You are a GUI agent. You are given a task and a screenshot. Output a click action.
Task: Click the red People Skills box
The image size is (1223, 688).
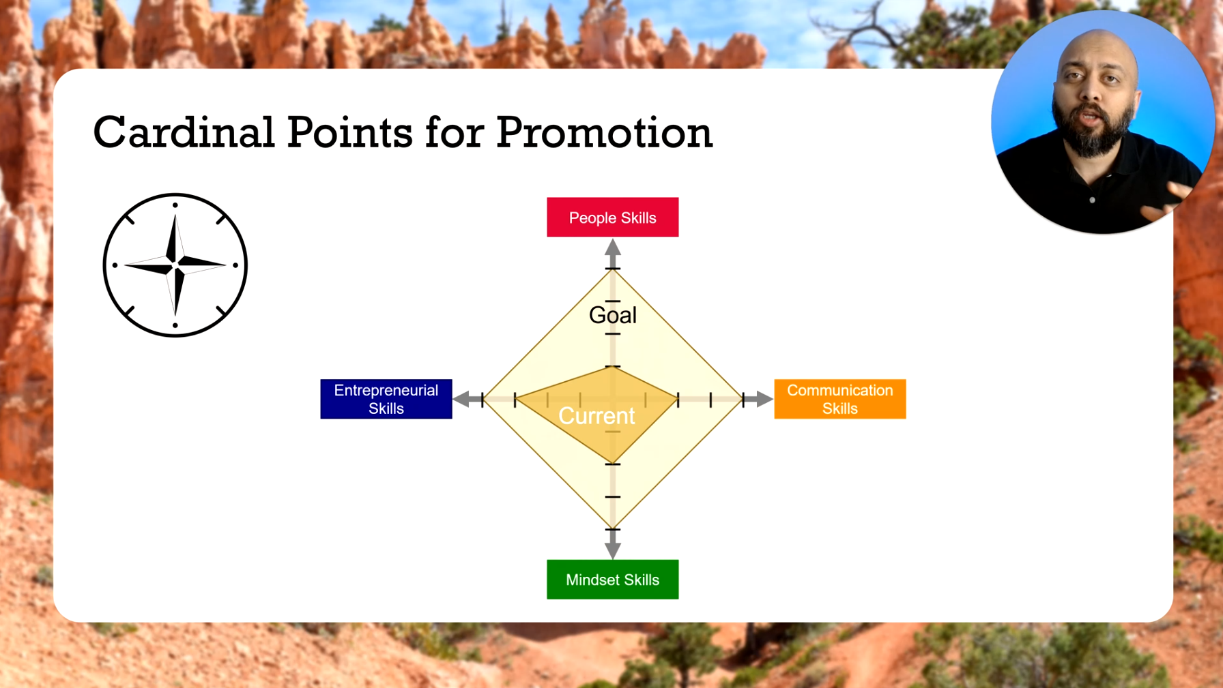click(612, 218)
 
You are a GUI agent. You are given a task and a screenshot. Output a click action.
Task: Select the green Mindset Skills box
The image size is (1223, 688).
click(612, 580)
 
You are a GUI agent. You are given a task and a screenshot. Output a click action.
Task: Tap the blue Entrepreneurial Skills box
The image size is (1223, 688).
click(386, 399)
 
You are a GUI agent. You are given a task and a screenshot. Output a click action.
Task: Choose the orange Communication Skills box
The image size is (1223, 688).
click(839, 399)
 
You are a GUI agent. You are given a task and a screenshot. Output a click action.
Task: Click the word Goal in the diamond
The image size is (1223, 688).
click(612, 315)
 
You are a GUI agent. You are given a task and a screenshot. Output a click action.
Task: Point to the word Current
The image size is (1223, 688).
click(596, 416)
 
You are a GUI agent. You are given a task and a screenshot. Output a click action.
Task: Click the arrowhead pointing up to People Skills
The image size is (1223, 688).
click(612, 248)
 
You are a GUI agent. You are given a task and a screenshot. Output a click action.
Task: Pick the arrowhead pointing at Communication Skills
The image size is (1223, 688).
click(764, 399)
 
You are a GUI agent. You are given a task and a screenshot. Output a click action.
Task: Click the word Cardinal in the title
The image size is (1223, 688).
click(184, 132)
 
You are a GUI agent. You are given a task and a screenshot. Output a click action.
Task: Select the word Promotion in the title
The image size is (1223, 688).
click(604, 132)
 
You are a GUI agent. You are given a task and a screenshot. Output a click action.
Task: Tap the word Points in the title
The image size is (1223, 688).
click(349, 132)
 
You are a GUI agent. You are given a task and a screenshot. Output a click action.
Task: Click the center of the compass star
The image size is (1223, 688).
click(175, 263)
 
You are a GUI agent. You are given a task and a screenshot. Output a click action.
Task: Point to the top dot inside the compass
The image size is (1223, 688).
click(175, 205)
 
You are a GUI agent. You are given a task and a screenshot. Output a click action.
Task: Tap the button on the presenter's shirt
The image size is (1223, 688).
click(1092, 200)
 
